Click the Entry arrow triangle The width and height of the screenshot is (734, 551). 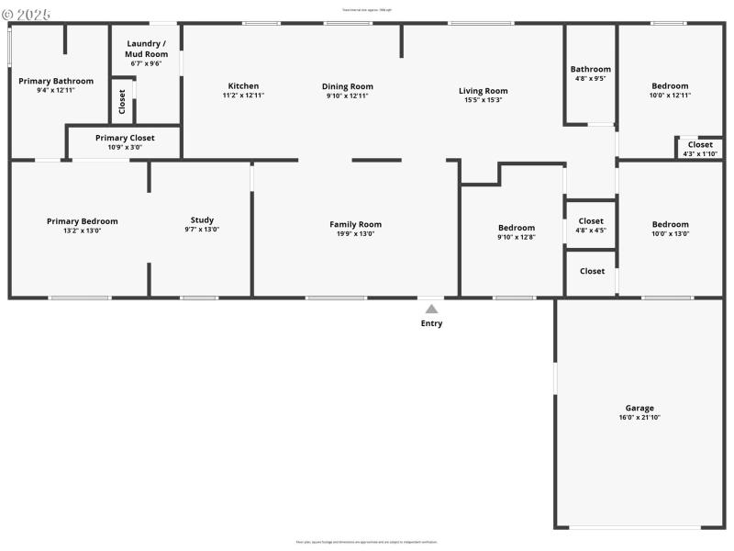coord(431,309)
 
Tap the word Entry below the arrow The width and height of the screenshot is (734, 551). coord(431,323)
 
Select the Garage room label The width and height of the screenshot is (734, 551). coord(639,408)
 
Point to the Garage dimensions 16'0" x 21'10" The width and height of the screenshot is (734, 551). coord(639,418)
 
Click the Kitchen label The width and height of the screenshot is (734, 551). coord(243,86)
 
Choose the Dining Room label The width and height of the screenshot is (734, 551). coord(348,86)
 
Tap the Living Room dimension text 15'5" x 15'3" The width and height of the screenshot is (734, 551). coord(484,100)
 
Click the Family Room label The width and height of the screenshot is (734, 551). coord(355,224)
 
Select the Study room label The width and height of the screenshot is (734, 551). coord(202,219)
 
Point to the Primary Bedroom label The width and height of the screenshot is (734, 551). coord(83,220)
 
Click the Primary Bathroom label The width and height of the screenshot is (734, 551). coord(56,81)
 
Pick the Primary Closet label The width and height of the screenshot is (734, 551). coord(125,138)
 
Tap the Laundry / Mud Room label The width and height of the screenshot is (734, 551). coord(146,49)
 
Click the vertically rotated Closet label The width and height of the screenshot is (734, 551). coord(122,101)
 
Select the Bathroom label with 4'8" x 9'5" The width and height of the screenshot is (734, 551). coord(590,69)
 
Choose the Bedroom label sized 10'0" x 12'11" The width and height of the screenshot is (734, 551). coord(670,86)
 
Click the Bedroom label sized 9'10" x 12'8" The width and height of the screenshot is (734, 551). coord(516,228)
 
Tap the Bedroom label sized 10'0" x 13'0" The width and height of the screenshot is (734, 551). coord(670,224)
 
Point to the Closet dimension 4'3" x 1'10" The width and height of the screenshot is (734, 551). coord(700,153)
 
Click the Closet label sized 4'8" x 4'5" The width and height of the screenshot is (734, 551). coord(591,220)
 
